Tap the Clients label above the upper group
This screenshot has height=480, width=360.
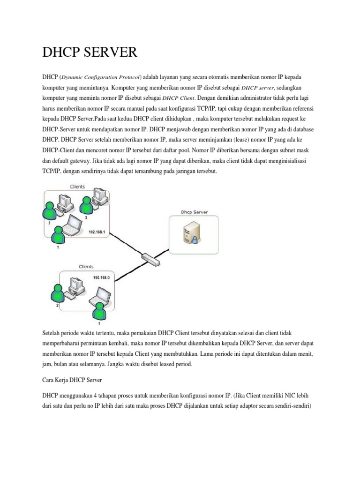pyautogui.click(x=77, y=187)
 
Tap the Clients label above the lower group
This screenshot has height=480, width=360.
pyautogui.click(x=86, y=266)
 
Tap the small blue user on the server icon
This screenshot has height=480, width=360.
pyautogui.click(x=194, y=240)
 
